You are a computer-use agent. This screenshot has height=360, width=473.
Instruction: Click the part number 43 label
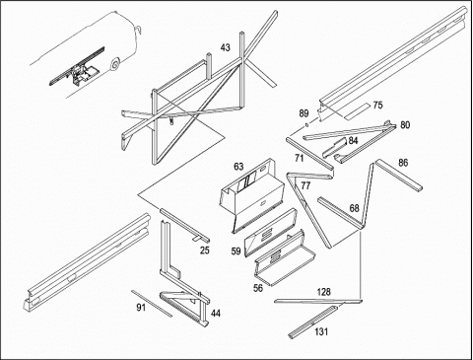click(x=225, y=47)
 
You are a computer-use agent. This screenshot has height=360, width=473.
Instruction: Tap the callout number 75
click(x=377, y=106)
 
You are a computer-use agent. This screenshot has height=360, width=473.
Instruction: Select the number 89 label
click(x=304, y=113)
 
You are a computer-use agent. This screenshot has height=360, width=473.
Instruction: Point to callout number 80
click(x=405, y=125)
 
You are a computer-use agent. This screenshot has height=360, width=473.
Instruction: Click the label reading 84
click(x=353, y=141)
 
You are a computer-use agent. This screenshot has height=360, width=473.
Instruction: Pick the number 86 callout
click(x=403, y=163)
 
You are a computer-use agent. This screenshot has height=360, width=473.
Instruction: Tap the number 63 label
click(x=238, y=167)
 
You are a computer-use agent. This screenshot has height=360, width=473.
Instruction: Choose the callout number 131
click(x=321, y=331)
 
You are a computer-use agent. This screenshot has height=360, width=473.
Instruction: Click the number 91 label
click(x=141, y=308)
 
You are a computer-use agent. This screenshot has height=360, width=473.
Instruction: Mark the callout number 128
click(x=324, y=292)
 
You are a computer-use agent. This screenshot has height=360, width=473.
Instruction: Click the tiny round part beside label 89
click(x=306, y=124)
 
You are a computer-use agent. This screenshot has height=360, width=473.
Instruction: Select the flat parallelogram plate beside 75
click(x=357, y=111)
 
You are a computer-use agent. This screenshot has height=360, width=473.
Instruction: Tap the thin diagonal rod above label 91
click(x=152, y=304)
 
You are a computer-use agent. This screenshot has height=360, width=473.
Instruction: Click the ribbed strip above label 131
click(x=312, y=322)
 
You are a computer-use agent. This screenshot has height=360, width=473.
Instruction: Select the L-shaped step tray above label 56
click(x=285, y=258)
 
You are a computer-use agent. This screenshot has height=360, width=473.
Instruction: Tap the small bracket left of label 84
click(x=334, y=148)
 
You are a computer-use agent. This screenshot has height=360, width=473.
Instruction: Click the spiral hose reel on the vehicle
click(x=115, y=65)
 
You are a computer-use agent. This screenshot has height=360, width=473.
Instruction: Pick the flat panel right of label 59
click(x=270, y=232)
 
